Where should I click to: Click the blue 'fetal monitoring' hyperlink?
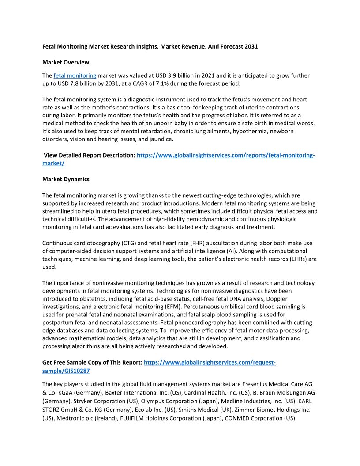pyautogui.click(x=75, y=75)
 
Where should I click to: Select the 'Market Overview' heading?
pyautogui.click(x=65, y=62)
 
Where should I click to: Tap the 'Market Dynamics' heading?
pyautogui.click(x=66, y=179)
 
